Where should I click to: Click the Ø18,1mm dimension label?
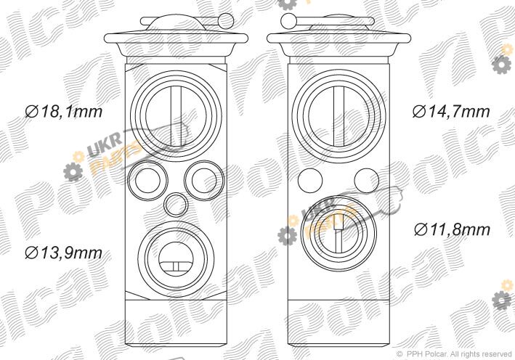64,112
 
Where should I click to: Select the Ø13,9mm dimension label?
64,253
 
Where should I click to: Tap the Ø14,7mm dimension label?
451,112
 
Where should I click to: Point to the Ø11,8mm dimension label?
453,229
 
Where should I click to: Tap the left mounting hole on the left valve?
147,181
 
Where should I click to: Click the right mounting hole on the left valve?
204,181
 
